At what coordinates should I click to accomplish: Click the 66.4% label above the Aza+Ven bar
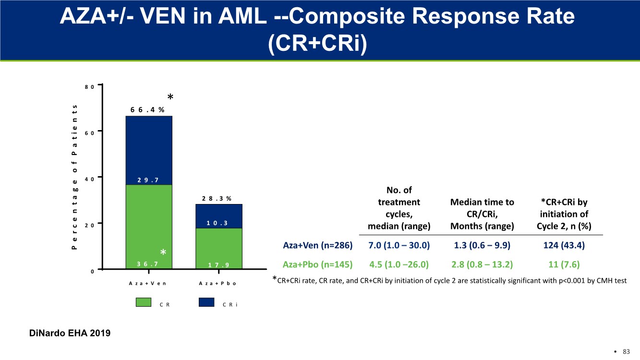tap(147, 109)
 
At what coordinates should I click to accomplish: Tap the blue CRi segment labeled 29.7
tap(148, 150)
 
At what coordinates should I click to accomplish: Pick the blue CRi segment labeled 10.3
tap(218, 216)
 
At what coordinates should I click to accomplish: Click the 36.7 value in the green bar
tap(147, 264)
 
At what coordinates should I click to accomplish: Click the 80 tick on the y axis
tap(89, 86)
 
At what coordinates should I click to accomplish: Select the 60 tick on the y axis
tap(89, 132)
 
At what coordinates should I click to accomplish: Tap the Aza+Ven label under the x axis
tap(147, 283)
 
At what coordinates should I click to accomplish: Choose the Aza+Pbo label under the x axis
tap(217, 283)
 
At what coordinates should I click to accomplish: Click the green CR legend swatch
tap(144, 302)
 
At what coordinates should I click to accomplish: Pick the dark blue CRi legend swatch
tap(206, 302)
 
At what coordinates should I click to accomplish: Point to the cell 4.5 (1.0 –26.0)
tap(398, 264)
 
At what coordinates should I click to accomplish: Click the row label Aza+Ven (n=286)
tap(318, 246)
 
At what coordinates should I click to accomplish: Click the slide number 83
tap(626, 352)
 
